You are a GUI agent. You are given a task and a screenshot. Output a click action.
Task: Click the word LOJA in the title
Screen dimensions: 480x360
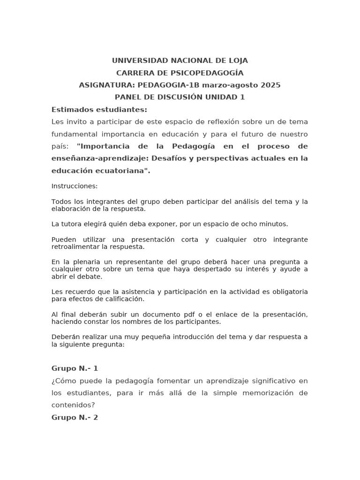(237, 60)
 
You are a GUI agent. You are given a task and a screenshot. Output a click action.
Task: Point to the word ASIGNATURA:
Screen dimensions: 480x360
(106, 85)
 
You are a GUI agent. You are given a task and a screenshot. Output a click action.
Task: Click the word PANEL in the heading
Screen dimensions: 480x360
(127, 97)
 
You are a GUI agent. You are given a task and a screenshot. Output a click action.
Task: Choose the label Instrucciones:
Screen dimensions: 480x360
(75, 186)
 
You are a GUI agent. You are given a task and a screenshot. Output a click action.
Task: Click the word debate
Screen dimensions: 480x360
(91, 277)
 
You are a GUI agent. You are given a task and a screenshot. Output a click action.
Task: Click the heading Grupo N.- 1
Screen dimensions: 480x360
(75, 368)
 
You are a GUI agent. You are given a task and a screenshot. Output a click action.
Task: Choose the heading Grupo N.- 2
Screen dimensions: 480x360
(75, 417)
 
